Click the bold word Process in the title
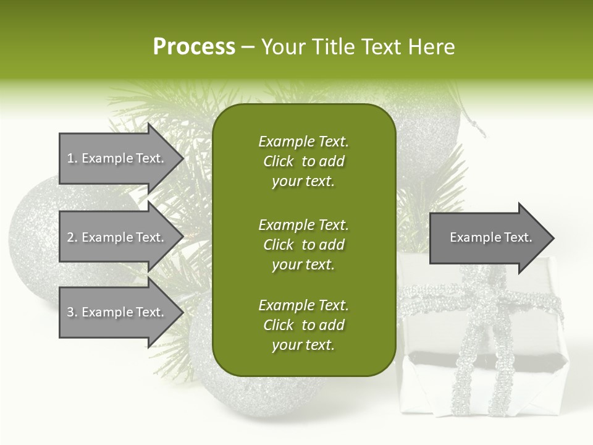pos(194,47)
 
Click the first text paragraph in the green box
pos(303,161)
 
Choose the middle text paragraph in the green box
pos(303,245)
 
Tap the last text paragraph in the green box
pos(303,325)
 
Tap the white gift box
pos(426,383)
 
